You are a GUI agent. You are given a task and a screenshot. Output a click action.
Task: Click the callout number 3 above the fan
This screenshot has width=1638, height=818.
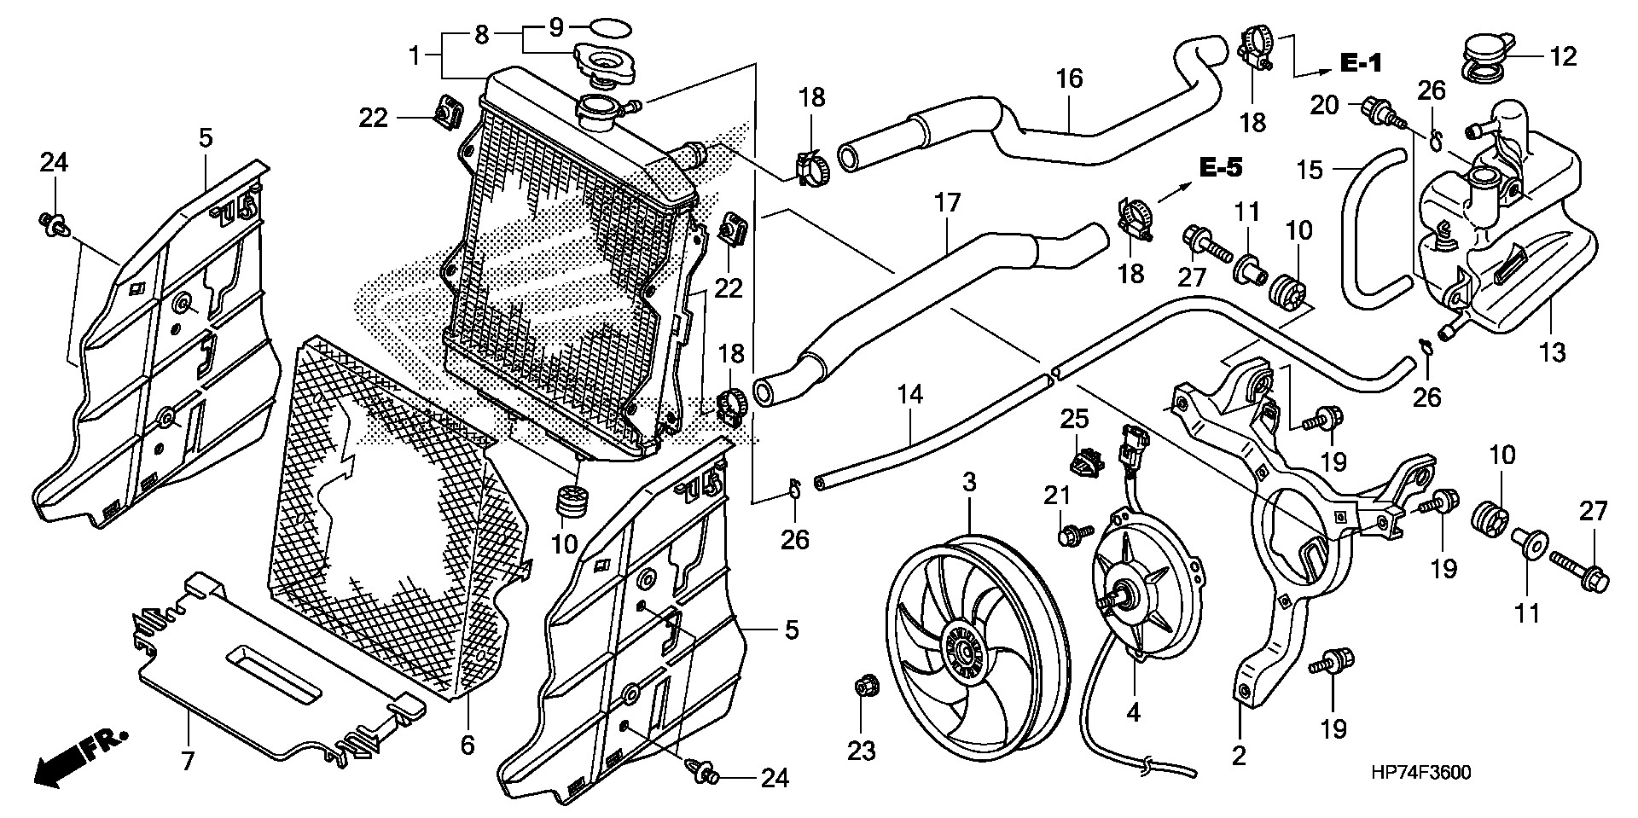point(969,483)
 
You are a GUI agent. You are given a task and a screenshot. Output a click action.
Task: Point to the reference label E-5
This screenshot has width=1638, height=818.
point(1220,167)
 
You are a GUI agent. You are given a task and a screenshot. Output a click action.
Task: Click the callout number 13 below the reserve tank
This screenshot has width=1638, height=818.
point(1553,351)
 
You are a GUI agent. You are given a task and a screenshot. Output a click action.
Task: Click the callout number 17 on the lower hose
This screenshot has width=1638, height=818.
point(947,203)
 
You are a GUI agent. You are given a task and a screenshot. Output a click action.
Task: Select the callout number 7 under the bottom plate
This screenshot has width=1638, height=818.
point(188,760)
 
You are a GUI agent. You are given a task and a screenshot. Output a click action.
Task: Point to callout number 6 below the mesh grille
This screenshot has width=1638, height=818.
point(468,745)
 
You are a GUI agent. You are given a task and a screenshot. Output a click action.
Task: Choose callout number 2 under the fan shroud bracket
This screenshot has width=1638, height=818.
point(1239,755)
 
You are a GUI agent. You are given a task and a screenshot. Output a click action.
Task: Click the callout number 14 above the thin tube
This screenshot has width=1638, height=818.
point(910,395)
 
